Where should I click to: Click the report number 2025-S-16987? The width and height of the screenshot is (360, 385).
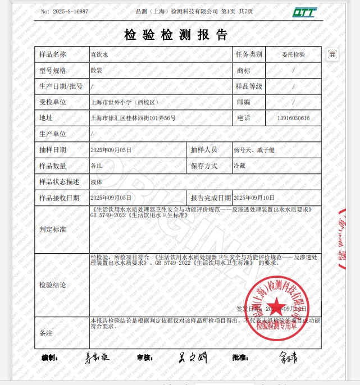[x=65, y=11]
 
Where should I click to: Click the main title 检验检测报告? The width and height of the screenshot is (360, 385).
[x=176, y=35]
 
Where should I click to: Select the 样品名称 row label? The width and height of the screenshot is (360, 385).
[x=52, y=54]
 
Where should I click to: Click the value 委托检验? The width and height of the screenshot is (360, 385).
[x=293, y=54]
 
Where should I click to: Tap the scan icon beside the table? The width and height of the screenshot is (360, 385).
[x=332, y=54]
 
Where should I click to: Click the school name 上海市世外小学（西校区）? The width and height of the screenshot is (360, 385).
[x=125, y=103]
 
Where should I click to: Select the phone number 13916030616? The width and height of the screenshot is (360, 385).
[x=293, y=118]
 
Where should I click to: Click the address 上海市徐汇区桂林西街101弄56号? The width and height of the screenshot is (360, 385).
[x=133, y=118]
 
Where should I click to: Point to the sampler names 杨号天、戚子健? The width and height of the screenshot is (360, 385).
[x=254, y=150]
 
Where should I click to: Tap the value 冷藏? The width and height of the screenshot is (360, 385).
[x=240, y=166]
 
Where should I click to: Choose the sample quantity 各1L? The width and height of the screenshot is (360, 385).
[x=97, y=166]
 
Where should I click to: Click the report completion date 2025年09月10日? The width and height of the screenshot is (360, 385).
[x=254, y=198]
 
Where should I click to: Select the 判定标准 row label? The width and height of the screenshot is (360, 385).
[x=52, y=230]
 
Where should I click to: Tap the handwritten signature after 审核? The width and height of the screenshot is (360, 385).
[x=192, y=357]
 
